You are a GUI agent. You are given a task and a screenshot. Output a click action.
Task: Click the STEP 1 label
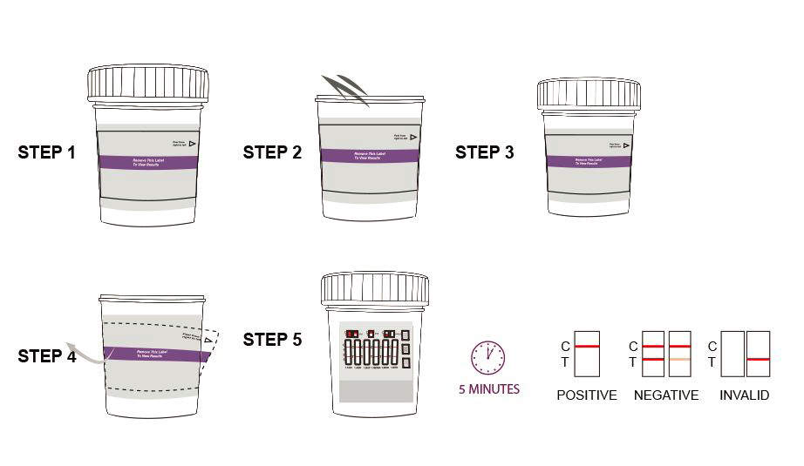(46, 153)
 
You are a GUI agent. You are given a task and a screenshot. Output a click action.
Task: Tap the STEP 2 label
(272, 153)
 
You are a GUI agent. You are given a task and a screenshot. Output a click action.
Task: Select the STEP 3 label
(485, 153)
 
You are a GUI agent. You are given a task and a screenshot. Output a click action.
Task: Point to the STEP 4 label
(46, 356)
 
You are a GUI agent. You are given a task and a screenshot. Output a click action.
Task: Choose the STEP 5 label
(272, 340)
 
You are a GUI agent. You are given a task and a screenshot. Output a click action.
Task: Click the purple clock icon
(488, 356)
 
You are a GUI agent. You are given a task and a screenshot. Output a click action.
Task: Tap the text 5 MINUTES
(489, 389)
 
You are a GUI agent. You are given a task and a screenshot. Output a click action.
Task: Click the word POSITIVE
(586, 395)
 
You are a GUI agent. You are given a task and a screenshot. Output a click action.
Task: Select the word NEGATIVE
(666, 395)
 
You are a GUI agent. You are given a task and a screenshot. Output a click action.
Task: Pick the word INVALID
(744, 395)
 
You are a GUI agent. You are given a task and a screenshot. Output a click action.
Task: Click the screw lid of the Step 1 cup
(147, 84)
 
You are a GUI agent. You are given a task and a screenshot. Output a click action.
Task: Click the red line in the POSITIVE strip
(587, 347)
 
